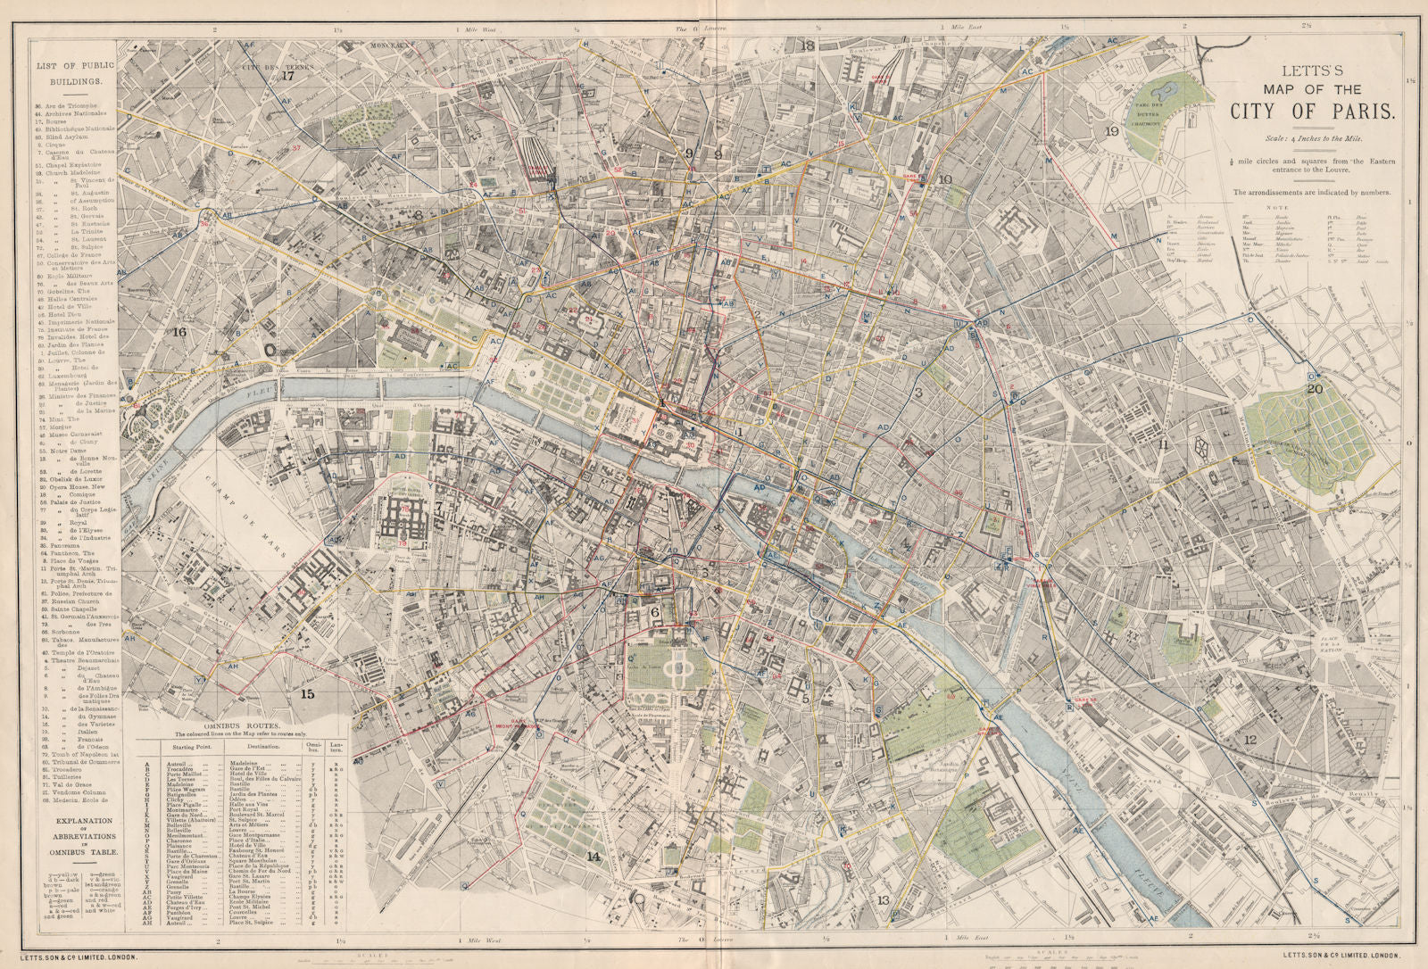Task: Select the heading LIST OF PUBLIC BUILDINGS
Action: click(x=75, y=73)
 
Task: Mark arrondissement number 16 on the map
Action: click(x=179, y=332)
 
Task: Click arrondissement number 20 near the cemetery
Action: click(x=1314, y=388)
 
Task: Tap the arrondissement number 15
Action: click(x=307, y=693)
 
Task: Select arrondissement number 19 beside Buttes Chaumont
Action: click(x=1111, y=131)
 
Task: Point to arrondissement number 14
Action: click(x=593, y=857)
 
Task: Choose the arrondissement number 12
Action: click(x=1250, y=740)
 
